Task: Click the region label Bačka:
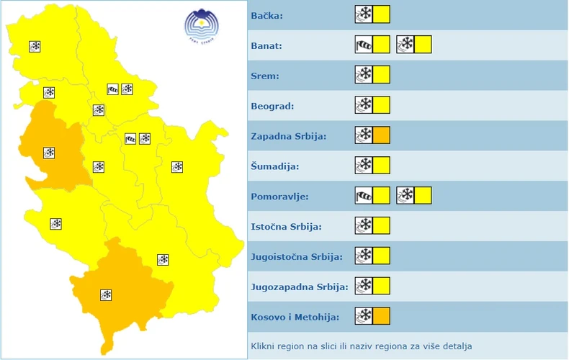pos(267,16)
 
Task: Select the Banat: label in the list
pos(267,46)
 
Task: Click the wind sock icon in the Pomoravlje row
pos(364,195)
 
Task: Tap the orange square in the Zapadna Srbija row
pos(382,135)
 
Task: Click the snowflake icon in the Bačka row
pos(364,14)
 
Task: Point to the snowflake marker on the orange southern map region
pos(106,294)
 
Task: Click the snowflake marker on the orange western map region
pos(49,153)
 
